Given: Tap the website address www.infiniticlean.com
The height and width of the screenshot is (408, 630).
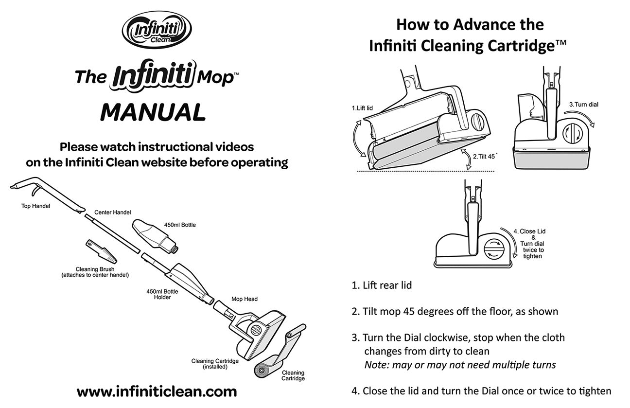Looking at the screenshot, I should click(x=157, y=391).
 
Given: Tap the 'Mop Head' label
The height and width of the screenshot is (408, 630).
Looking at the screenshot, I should click(x=244, y=299).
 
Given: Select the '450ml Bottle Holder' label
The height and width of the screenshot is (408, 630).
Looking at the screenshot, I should click(x=162, y=294).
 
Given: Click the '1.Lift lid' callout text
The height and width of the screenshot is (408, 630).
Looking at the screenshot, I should click(x=362, y=108).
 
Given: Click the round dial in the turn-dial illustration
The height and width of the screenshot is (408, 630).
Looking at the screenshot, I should click(x=573, y=133).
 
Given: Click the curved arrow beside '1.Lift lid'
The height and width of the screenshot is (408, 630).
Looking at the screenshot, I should click(x=358, y=140).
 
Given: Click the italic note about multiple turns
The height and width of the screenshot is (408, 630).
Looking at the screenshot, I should click(x=460, y=365).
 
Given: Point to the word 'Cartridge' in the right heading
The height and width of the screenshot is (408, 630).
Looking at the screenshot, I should click(x=514, y=46).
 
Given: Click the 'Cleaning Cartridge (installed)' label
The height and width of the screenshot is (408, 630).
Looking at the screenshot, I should click(x=215, y=364).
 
